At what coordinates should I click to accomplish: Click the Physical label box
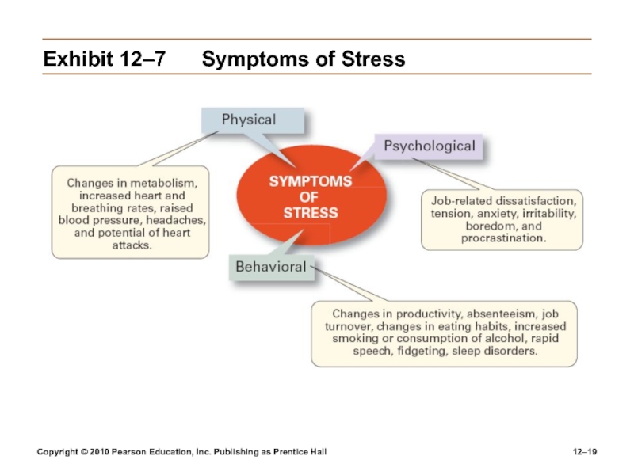click(249, 120)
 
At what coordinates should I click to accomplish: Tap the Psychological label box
click(430, 146)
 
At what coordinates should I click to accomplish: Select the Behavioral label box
click(270, 267)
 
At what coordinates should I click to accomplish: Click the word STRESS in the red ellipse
click(311, 212)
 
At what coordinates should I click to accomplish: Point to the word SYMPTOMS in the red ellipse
click(311, 181)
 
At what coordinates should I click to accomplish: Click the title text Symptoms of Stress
click(304, 59)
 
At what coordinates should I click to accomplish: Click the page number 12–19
click(585, 451)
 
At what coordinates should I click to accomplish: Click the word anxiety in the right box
click(495, 214)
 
